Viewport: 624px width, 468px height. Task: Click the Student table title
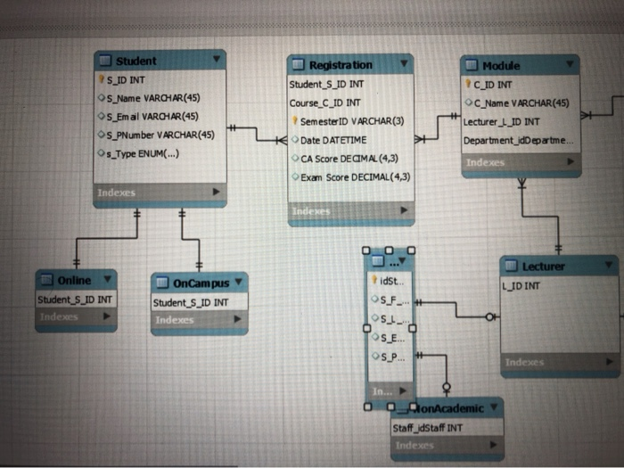point(135,61)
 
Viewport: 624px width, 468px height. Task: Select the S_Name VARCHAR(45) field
point(154,97)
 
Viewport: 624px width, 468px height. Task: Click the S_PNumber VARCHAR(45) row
point(161,135)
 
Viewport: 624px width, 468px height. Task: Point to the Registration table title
point(340,65)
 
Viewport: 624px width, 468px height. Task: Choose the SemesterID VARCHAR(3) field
point(351,121)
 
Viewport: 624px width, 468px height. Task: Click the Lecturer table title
point(543,266)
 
